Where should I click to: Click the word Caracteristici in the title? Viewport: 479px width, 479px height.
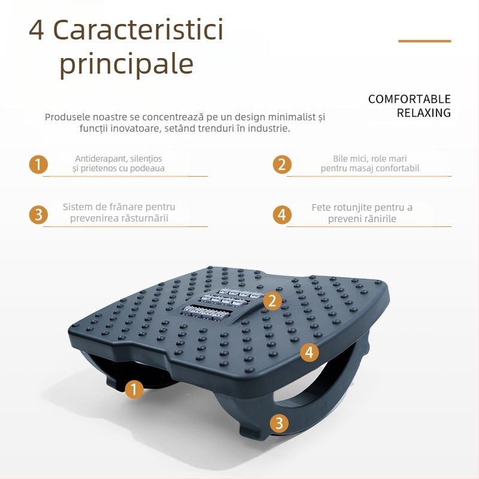[138, 29]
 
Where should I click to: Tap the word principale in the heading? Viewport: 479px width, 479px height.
[126, 63]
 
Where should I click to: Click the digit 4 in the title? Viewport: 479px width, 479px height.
[37, 31]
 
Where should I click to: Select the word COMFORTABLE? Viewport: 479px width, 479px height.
[410, 99]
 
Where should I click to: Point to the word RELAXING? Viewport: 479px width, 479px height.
[424, 113]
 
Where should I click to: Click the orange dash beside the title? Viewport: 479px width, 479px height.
[425, 41]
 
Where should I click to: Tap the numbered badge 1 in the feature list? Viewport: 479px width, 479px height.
[38, 164]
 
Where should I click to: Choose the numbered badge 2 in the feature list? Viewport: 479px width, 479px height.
[282, 164]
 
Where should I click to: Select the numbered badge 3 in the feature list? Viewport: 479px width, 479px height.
[38, 214]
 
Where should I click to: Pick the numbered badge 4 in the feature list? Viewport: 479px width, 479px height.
[282, 214]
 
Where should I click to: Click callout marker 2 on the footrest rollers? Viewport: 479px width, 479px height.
[272, 301]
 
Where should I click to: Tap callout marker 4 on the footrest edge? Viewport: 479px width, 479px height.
[310, 352]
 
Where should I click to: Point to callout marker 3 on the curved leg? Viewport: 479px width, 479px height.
[279, 423]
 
